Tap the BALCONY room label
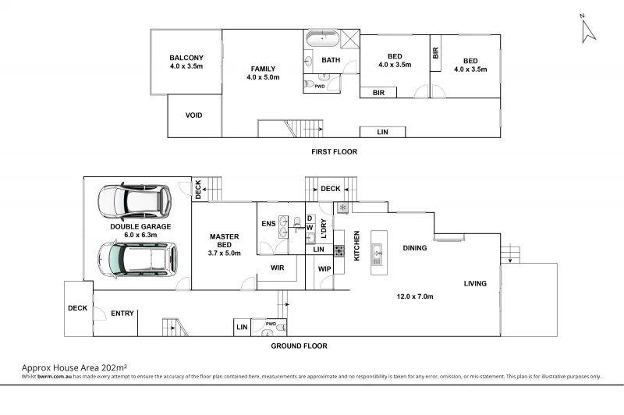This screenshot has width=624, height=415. tap(186, 58)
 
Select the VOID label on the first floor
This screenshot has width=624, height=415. tap(193, 115)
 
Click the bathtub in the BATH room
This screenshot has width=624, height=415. tap(321, 38)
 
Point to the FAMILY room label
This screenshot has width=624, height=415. tap(262, 69)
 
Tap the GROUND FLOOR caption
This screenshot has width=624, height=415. tap(299, 346)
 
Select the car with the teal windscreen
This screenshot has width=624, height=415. tap(136, 258)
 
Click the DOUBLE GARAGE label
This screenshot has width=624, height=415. tap(140, 227)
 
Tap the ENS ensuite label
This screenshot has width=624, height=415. tap(268, 224)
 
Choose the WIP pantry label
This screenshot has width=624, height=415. tap(324, 269)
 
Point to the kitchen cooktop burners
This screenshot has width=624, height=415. tap(339, 251)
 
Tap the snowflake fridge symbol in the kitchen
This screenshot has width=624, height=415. tap(342, 207)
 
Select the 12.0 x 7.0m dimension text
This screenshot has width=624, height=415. tap(415, 296)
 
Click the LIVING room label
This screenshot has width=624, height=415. tap(475, 284)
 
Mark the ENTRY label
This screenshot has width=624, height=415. tap(122, 314)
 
